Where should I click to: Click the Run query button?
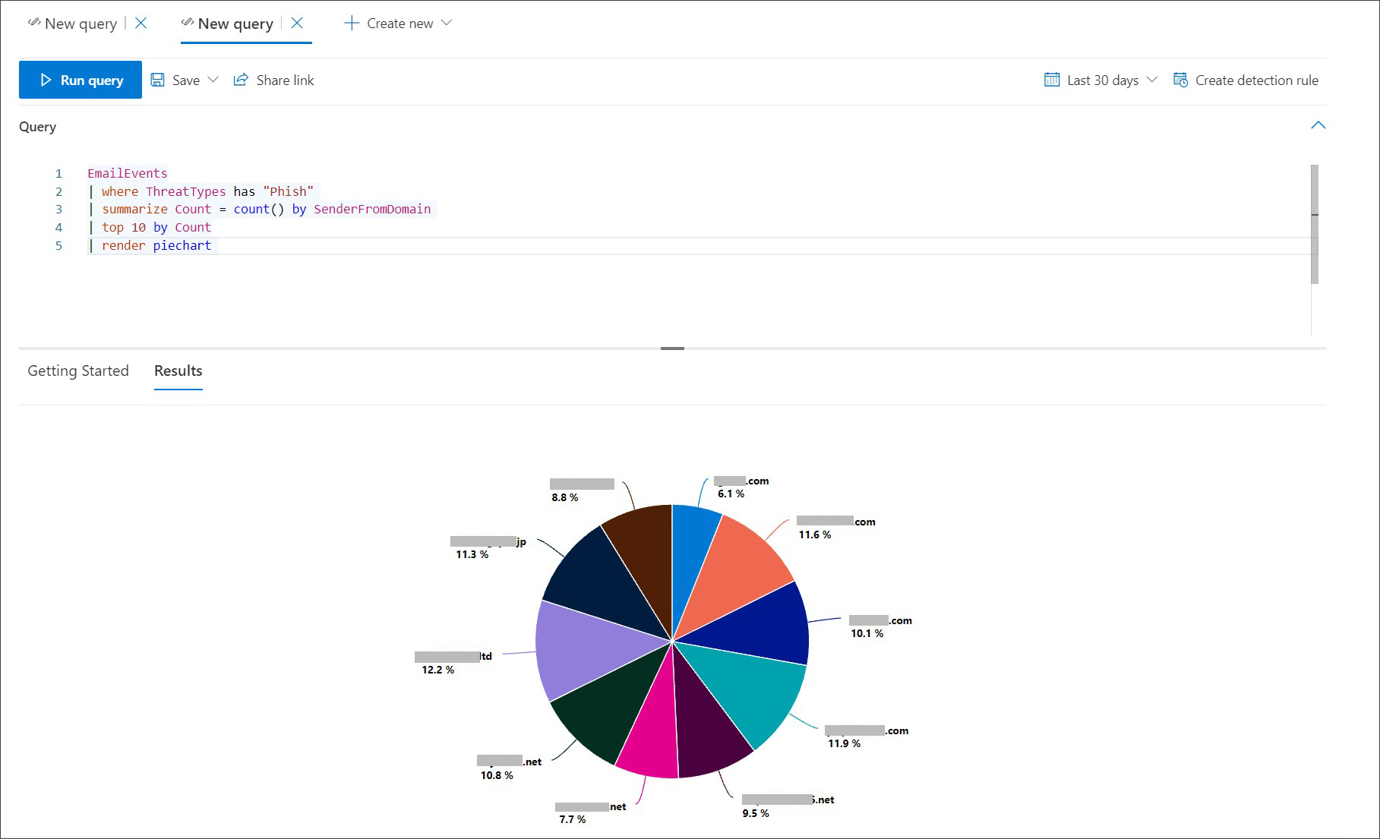(81, 80)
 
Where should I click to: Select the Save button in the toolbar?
(177, 80)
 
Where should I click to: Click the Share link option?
(274, 80)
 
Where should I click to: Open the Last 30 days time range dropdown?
(1101, 80)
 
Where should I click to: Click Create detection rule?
(1246, 80)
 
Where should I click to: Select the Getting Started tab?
(78, 371)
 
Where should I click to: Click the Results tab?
(178, 371)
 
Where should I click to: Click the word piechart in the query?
(182, 245)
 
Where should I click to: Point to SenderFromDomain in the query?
(372, 209)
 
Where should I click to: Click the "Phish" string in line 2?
(289, 191)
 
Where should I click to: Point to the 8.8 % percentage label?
(565, 497)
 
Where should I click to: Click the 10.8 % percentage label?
(497, 775)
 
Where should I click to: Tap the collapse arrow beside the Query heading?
(1318, 125)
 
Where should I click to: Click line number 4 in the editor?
(58, 227)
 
